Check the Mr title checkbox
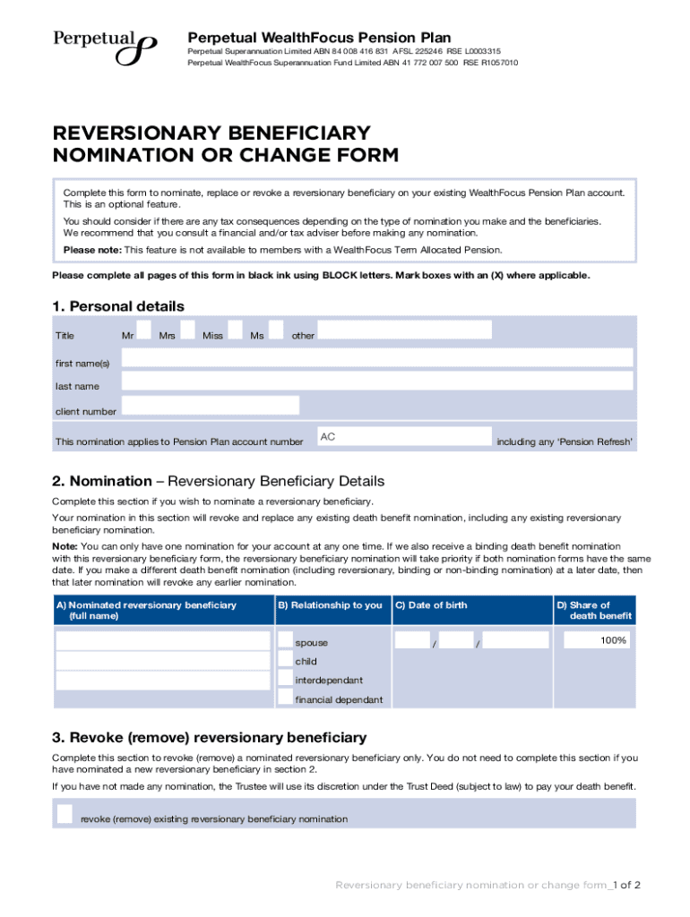143,330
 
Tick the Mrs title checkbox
187,330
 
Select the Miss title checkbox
235,330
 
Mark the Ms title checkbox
276,330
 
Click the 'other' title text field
405,330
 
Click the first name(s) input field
376,358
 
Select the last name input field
376,381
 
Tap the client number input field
211,406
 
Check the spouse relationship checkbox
285,641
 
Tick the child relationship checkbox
285,661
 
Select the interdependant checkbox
285,680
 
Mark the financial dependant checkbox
285,698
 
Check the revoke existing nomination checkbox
65,813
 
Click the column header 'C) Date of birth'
431,605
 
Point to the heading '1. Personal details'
118,306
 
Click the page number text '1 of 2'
625,885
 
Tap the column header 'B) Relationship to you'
330,605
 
